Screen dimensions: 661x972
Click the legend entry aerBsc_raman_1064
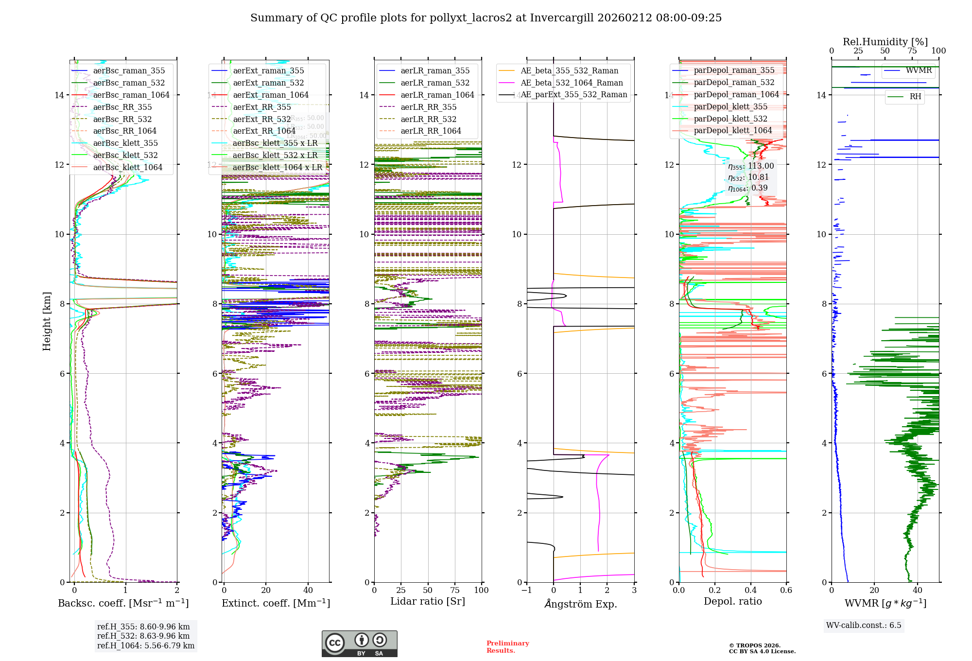coord(131,95)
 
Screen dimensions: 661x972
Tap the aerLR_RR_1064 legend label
coord(431,131)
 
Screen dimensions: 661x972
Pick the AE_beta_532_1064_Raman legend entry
coord(572,83)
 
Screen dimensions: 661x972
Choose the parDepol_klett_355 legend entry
coord(730,107)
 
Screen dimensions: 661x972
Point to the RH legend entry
coord(915,97)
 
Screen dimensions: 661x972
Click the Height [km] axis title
coord(47,321)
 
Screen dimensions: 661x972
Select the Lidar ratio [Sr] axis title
coord(428,602)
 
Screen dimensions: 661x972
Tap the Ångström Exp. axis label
coord(580,604)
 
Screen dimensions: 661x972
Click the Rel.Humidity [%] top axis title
coord(885,42)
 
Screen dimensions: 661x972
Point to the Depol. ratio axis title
coord(733,602)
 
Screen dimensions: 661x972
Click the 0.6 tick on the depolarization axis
coord(786,591)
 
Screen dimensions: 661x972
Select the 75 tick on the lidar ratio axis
coord(455,591)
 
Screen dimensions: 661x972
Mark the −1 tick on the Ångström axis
coord(526,591)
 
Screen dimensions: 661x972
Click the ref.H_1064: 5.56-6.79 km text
coord(146,646)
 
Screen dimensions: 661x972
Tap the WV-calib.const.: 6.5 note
coord(864,626)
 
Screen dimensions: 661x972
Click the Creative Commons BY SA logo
coord(359,644)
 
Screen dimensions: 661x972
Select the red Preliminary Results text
coord(507,647)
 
